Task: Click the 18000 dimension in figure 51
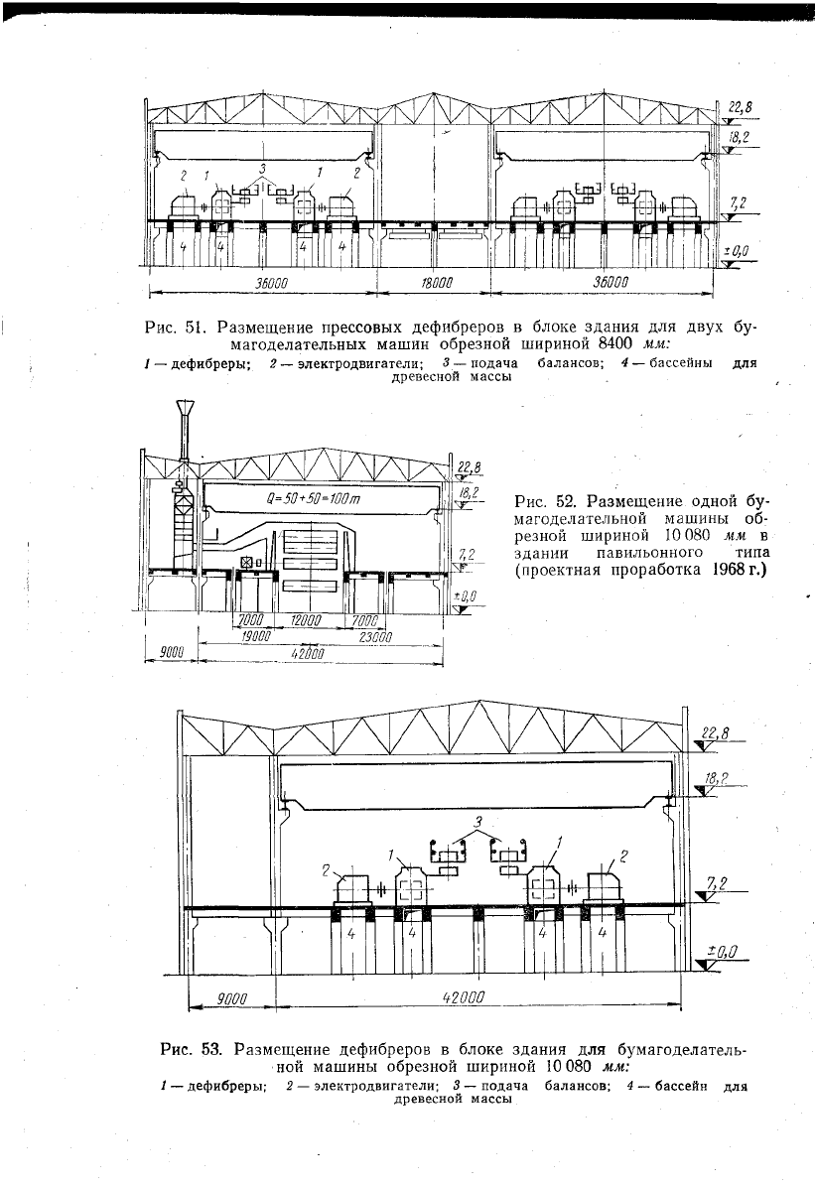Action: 434,284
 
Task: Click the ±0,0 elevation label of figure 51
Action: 736,252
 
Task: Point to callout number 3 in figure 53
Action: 478,822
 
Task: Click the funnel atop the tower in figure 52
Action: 185,411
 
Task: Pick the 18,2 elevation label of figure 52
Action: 468,490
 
